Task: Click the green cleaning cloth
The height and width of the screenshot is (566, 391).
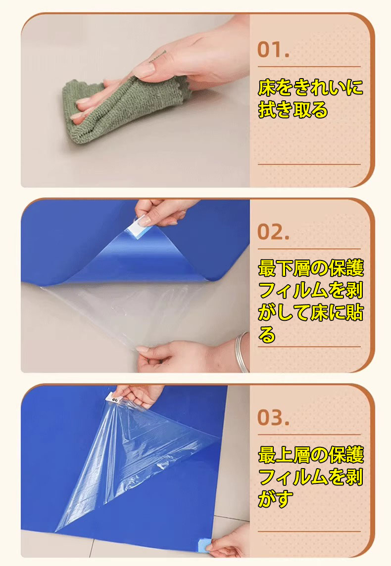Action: pos(119,108)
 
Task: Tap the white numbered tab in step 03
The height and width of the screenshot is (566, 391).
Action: pos(113,398)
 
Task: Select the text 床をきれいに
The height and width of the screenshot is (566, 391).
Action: pos(310,87)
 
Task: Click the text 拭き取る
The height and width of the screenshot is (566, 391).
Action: pos(293,110)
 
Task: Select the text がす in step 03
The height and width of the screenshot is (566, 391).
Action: pos(275,499)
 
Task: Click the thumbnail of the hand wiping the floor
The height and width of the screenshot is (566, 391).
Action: pos(135,101)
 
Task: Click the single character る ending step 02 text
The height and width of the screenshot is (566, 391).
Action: pos(267,335)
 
